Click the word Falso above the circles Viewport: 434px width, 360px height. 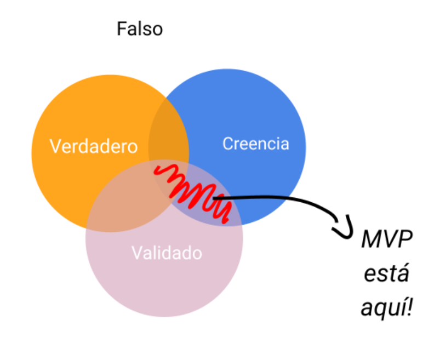pos(140,28)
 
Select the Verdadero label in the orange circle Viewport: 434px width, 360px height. pos(93,146)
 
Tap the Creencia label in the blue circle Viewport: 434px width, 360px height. pos(255,144)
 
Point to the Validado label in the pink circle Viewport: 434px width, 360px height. pos(167,253)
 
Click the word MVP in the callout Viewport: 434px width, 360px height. pos(386,240)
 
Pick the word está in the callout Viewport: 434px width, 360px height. pos(385,274)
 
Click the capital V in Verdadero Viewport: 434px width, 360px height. pos(55,146)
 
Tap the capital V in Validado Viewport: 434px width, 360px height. pos(136,253)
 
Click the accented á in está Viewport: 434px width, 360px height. pos(403,274)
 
